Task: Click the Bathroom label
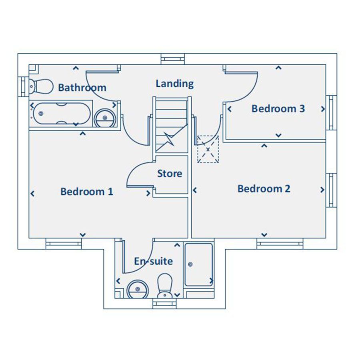82,88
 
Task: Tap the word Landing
174,84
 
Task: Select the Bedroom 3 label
278,108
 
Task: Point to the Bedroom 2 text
264,188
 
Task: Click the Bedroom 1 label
87,192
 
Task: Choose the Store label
170,174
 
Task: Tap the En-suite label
154,261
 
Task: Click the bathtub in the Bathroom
61,114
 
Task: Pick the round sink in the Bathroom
105,118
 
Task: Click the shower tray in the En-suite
198,264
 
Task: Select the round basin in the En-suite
137,289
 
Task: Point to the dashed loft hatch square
208,149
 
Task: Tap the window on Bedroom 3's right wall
331,112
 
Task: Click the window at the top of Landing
173,59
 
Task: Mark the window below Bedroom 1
64,243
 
